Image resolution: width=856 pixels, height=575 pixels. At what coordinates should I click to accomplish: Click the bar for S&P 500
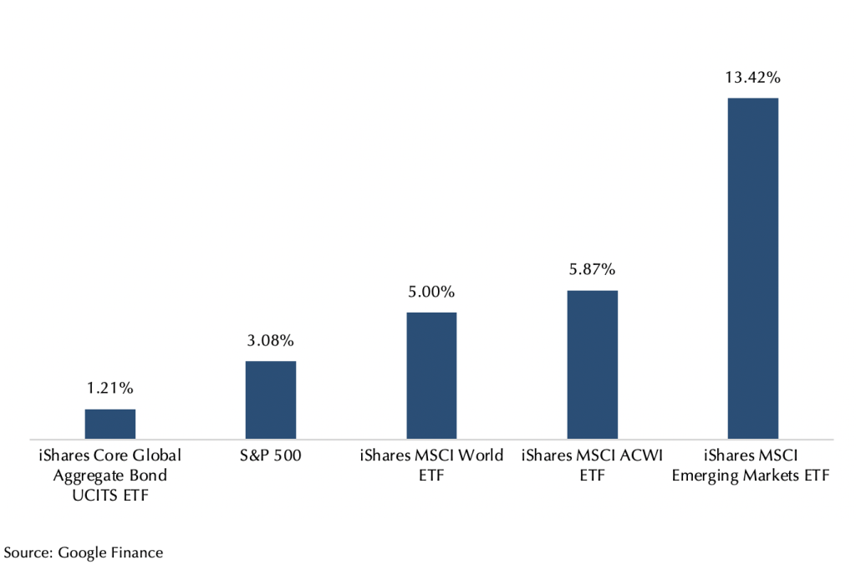(270, 399)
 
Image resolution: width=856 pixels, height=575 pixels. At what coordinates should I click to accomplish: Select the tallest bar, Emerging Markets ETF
(752, 267)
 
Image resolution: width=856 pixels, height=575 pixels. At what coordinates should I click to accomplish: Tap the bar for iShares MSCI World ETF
(431, 375)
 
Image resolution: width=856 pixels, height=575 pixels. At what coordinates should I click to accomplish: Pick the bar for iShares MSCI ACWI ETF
(592, 364)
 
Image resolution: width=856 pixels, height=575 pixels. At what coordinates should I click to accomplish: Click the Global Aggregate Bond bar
(110, 424)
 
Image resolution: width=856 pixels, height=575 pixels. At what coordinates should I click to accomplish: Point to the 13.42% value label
(752, 78)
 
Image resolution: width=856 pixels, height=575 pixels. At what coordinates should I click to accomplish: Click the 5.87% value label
(592, 269)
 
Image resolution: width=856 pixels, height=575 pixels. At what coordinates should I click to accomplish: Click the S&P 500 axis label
(270, 456)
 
